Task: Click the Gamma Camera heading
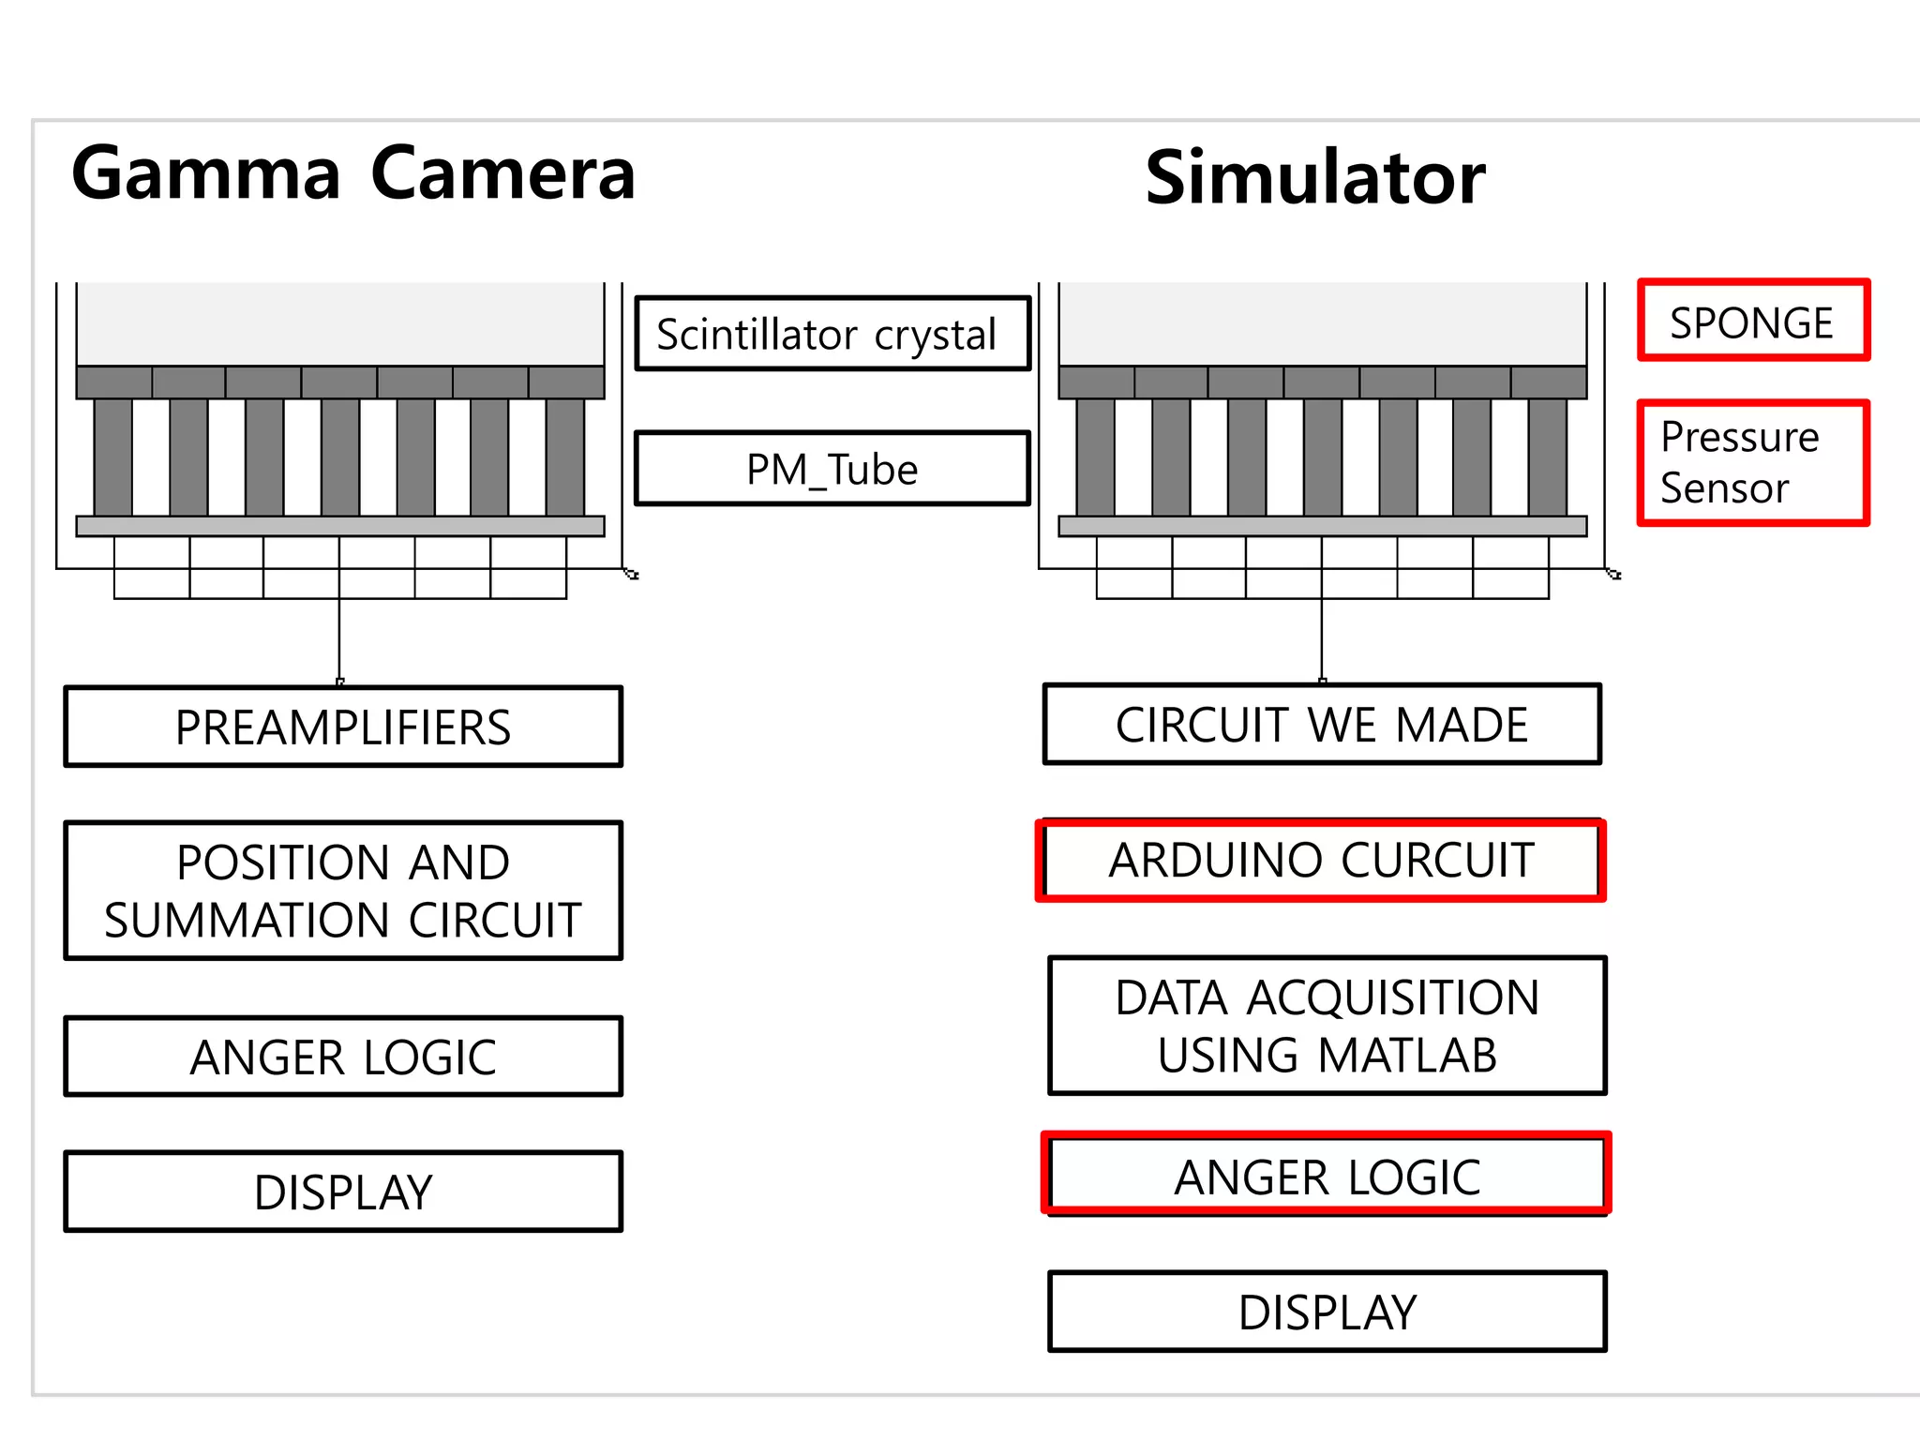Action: click(353, 173)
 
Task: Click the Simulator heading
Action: click(1314, 178)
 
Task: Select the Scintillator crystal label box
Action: click(832, 334)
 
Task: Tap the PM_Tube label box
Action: click(832, 469)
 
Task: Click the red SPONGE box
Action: click(1753, 321)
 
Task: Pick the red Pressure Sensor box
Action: click(1753, 463)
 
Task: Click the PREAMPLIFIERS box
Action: click(343, 727)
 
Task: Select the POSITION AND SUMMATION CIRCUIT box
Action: click(343, 891)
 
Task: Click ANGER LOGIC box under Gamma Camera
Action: click(343, 1057)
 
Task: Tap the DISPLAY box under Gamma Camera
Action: click(343, 1192)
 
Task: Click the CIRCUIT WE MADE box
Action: click(1322, 725)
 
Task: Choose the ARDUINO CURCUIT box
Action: click(1322, 860)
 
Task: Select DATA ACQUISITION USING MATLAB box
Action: click(1327, 1025)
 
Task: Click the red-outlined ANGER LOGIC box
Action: click(1327, 1176)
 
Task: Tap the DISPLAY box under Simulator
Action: click(1327, 1312)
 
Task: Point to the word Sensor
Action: click(1724, 488)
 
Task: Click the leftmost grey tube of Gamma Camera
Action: click(113, 457)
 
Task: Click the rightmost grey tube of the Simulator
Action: click(1547, 457)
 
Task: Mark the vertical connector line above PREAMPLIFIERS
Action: click(339, 637)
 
